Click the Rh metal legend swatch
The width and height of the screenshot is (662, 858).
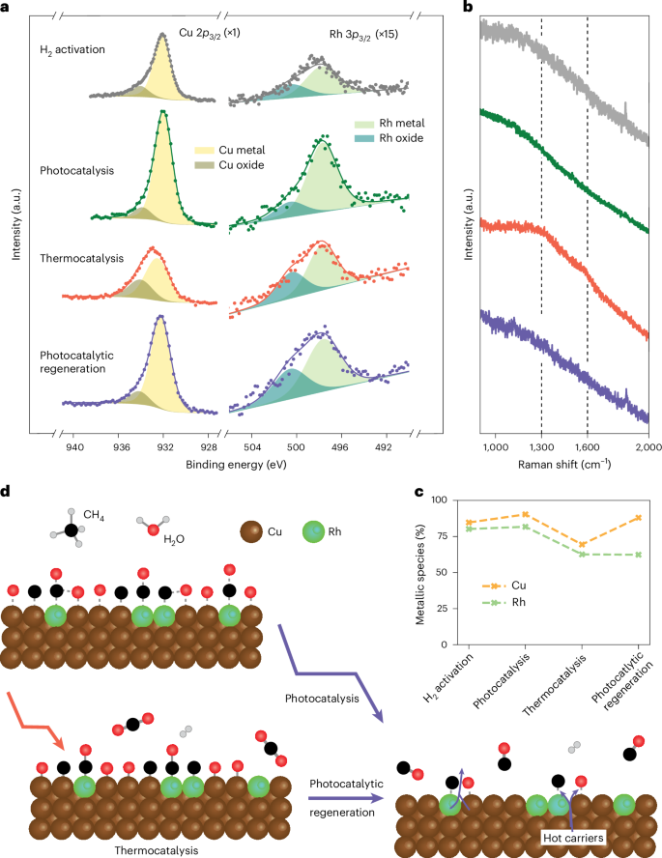(366, 123)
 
